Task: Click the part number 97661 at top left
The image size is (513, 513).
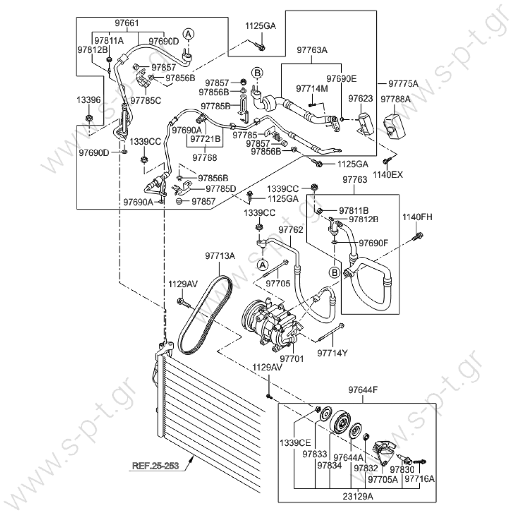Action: (x=127, y=23)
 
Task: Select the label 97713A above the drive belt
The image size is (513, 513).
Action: (x=220, y=256)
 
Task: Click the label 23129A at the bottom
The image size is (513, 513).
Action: (x=358, y=496)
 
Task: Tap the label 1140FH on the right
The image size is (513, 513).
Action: (x=417, y=217)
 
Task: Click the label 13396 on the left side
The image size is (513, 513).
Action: (x=89, y=100)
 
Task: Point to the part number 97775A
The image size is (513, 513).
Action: (x=403, y=84)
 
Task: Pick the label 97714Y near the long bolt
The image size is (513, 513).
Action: (x=332, y=353)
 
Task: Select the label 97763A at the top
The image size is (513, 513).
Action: (x=312, y=50)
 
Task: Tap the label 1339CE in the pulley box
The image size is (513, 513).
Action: (x=295, y=443)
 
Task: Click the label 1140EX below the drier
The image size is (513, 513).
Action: (x=388, y=175)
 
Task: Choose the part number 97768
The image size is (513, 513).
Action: (x=205, y=157)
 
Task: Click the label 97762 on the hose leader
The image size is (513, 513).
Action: (x=291, y=229)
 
